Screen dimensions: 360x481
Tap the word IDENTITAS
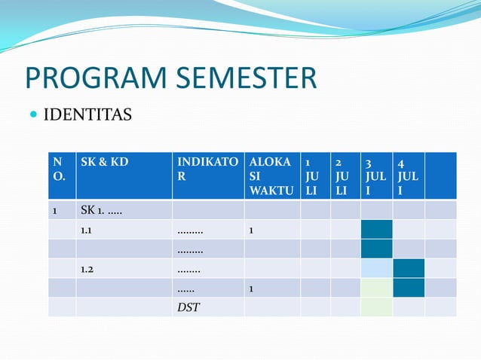coord(87,115)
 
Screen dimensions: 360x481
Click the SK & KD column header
coord(104,162)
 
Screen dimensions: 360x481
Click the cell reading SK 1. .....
coord(103,210)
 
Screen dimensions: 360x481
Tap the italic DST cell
coord(188,307)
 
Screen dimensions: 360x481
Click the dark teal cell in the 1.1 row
coord(376,230)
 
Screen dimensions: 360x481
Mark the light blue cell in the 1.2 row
coord(376,269)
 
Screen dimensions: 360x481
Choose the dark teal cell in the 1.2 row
coord(409,269)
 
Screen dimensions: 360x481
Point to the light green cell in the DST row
coord(376,307)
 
